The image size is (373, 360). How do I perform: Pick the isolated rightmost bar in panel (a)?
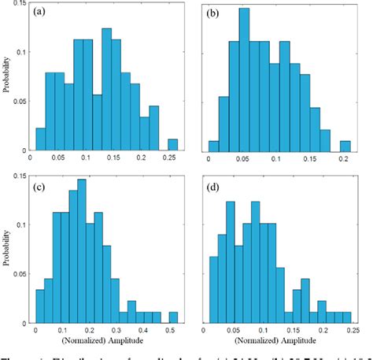click(172, 145)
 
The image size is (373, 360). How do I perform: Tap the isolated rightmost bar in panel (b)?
click(345, 147)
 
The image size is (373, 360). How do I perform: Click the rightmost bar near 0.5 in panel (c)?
click(173, 317)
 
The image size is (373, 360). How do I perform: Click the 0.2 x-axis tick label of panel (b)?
click(344, 158)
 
